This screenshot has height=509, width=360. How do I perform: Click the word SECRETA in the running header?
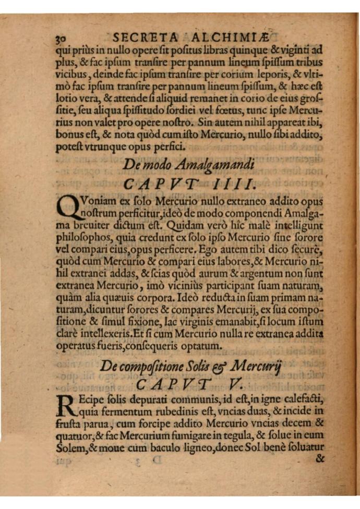pos(142,37)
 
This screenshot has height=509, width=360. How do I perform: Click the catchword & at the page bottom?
pos(319,459)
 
